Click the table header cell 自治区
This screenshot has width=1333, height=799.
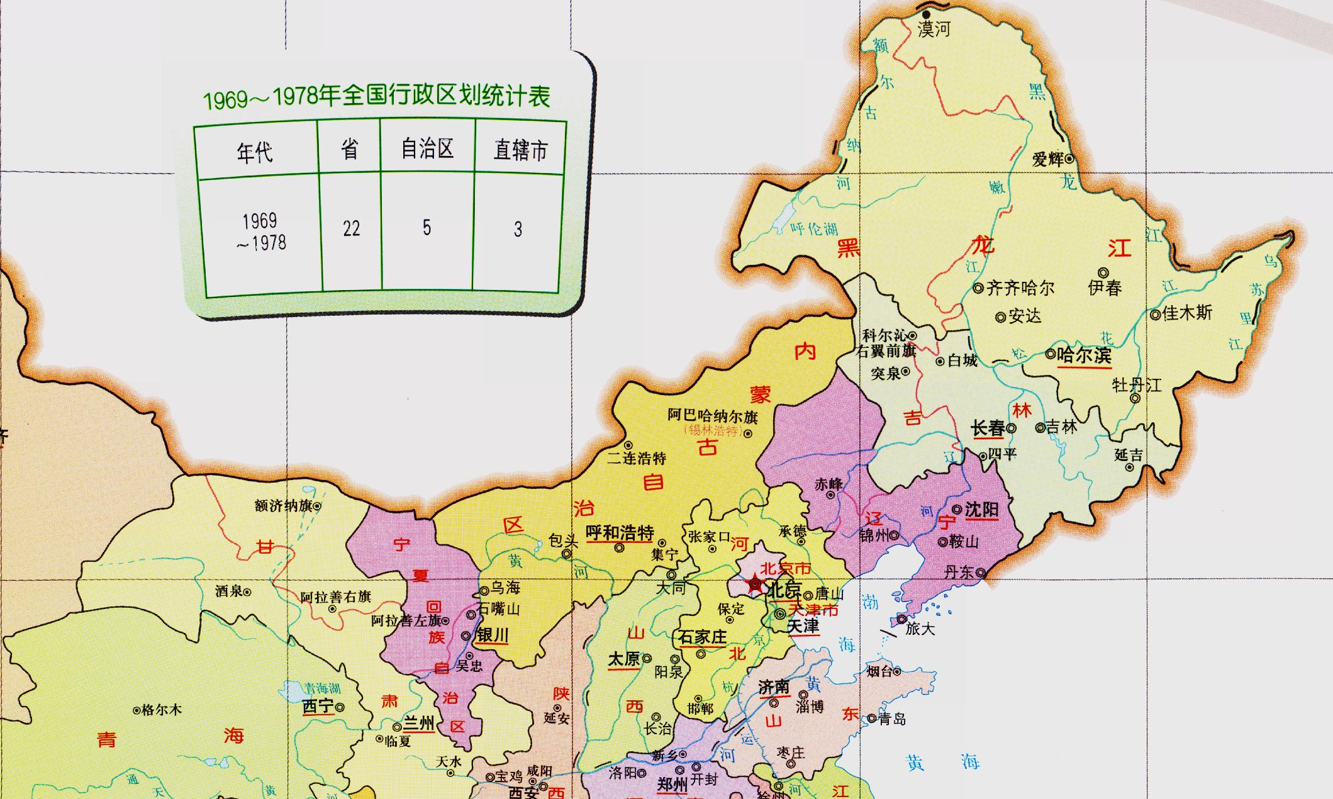pyautogui.click(x=427, y=149)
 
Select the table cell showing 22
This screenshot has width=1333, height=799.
pyautogui.click(x=351, y=228)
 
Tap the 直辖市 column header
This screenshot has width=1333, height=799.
pyautogui.click(x=520, y=150)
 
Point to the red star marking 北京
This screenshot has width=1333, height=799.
pyautogui.click(x=754, y=585)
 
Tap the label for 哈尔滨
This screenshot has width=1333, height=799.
pyautogui.click(x=1084, y=355)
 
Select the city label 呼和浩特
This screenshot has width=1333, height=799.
pyautogui.click(x=620, y=533)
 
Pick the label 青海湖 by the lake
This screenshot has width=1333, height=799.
pyautogui.click(x=322, y=689)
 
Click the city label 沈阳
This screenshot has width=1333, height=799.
pyautogui.click(x=981, y=508)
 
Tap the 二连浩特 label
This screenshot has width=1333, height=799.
pyautogui.click(x=636, y=458)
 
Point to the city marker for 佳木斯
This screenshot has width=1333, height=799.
pyautogui.click(x=1155, y=315)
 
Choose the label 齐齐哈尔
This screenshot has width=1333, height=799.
pyautogui.click(x=1020, y=288)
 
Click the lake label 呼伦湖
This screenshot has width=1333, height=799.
pyautogui.click(x=814, y=229)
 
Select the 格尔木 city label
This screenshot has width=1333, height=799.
pyautogui.click(x=162, y=710)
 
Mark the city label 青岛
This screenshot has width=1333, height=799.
pyautogui.click(x=892, y=718)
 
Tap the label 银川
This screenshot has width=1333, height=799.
pyautogui.click(x=492, y=635)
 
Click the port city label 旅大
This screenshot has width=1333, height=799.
pyautogui.click(x=920, y=628)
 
